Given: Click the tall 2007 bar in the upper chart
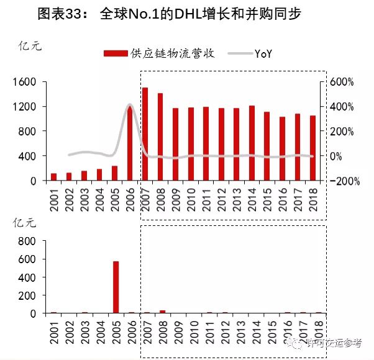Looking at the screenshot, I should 145,134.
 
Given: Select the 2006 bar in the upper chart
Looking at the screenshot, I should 130,143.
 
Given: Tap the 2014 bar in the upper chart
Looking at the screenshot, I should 252,143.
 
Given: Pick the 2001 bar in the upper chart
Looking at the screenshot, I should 53,177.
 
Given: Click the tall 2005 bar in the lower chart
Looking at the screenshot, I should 115,287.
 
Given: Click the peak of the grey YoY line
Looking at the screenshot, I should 130,106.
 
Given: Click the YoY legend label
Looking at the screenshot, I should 265,54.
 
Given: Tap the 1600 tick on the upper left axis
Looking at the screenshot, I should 25,82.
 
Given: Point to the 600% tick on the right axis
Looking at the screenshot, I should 341,82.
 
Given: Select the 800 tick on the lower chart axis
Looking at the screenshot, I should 29,240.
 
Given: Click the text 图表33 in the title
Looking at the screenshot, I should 62,14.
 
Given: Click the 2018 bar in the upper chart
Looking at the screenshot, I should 312,148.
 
